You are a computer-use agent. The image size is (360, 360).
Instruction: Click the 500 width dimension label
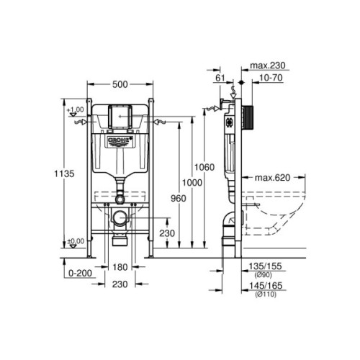click(x=120, y=86)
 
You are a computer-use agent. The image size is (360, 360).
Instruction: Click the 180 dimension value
click(x=120, y=266)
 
